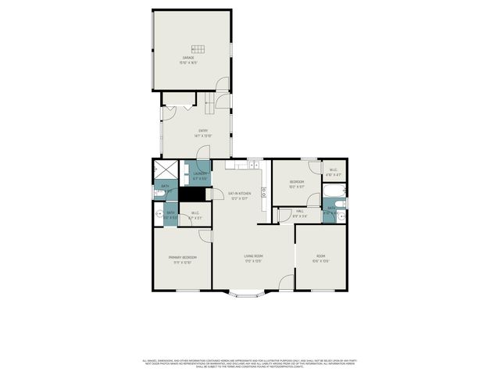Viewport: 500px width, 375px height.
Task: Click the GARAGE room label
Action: [189, 60]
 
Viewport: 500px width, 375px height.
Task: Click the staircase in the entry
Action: [210, 102]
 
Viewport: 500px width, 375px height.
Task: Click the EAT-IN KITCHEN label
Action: [239, 195]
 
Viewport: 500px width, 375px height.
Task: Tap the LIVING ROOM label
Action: [253, 258]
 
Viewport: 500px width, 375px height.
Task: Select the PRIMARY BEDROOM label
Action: [182, 259]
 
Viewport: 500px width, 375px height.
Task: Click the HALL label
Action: [301, 212]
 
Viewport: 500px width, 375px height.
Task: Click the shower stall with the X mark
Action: [166, 170]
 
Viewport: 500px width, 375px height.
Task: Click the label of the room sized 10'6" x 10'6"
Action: [321, 259]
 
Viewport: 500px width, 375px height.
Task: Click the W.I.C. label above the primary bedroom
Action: [195, 215]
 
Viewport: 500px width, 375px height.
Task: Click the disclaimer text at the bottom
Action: [248, 363]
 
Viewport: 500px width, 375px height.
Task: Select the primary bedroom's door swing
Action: [205, 234]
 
